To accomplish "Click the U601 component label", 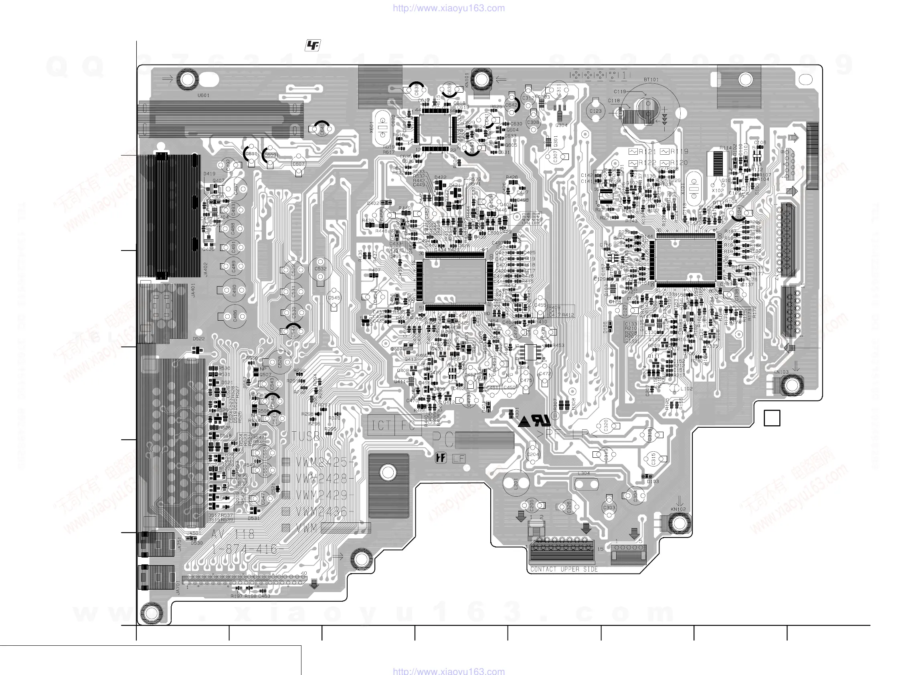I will click(203, 95).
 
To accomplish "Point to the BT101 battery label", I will click(651, 80).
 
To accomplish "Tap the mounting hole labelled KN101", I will click(481, 79).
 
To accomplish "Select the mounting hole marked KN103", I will click(791, 384).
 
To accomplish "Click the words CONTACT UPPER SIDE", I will click(564, 569).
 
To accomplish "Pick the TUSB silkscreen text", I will click(305, 437).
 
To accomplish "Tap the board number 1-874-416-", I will click(247, 550).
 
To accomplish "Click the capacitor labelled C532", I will click(320, 269).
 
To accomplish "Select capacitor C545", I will click(334, 298).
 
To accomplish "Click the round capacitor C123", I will click(596, 111).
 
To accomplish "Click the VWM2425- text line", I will click(325, 462).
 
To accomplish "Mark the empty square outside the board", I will click(772, 418).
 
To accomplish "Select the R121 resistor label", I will click(647, 152).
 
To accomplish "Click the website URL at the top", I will click(449, 8).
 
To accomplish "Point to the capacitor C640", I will click(322, 129).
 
